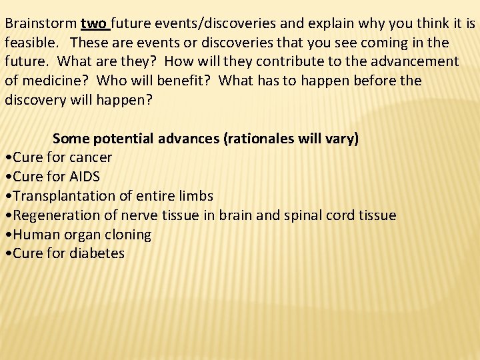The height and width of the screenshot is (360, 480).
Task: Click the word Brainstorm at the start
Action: (41, 24)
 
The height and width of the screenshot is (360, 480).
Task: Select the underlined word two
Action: (93, 24)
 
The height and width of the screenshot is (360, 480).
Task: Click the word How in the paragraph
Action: (177, 62)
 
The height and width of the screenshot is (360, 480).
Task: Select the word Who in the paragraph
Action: (126, 81)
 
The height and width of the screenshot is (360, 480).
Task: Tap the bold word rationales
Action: (261, 139)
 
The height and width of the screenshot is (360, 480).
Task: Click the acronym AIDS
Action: (83, 177)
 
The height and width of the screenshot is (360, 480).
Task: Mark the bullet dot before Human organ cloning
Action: (7, 235)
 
